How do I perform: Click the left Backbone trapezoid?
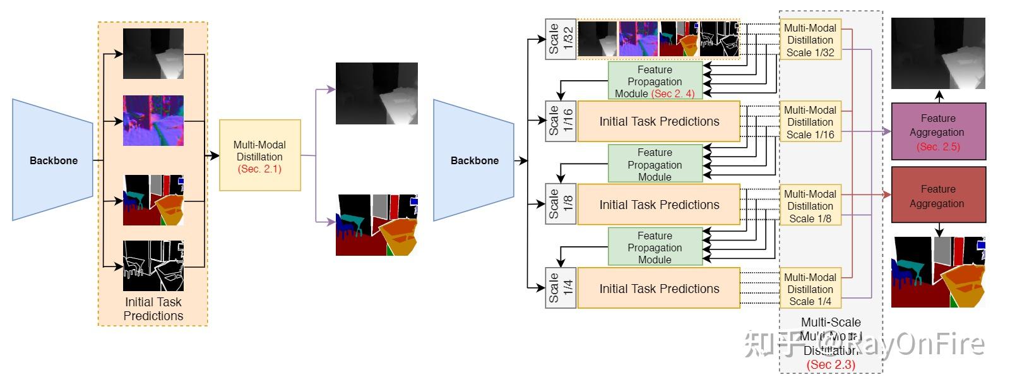pos(53,160)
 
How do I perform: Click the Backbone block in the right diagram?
pos(474,160)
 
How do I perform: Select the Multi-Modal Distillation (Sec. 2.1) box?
pos(259,155)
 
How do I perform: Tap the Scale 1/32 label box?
pos(561,39)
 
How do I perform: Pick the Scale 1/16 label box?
pos(561,121)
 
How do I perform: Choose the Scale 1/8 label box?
pos(561,204)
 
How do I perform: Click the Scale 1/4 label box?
pos(561,288)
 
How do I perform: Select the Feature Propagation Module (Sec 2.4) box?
pos(655,81)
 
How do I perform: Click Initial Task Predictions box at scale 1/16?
pos(658,121)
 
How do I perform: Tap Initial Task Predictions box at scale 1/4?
pos(658,289)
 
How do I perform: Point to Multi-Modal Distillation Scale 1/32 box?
pos(810,40)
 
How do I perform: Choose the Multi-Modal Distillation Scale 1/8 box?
pos(810,206)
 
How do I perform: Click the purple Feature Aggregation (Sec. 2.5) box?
pos(937,131)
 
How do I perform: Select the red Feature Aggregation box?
pos(937,195)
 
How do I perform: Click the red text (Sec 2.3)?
pos(831,364)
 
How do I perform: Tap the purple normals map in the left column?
pos(153,121)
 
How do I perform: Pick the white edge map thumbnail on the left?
pos(153,265)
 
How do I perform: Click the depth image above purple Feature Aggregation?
pos(937,54)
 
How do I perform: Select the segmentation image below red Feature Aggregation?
pos(937,272)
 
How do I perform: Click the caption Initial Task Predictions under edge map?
pos(153,309)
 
